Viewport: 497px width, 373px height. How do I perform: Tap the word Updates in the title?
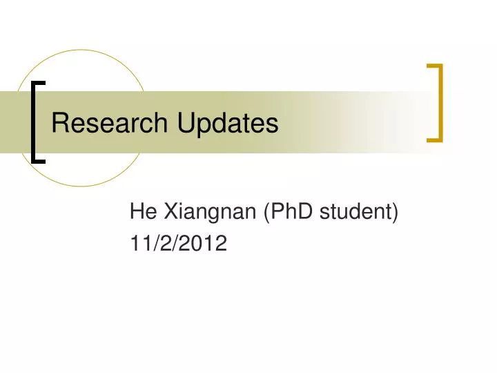[x=227, y=124]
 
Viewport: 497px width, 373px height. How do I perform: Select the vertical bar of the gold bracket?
[x=440, y=103]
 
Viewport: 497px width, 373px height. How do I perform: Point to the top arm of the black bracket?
[x=39, y=82]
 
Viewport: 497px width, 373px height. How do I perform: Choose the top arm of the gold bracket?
[x=434, y=66]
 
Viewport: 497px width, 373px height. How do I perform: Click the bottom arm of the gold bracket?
[x=434, y=139]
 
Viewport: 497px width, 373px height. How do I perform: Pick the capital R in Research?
[x=60, y=124]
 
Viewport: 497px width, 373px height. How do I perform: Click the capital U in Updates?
[x=186, y=124]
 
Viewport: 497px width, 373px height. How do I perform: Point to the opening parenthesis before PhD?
[x=267, y=214]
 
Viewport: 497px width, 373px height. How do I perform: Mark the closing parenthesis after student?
[x=396, y=214]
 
